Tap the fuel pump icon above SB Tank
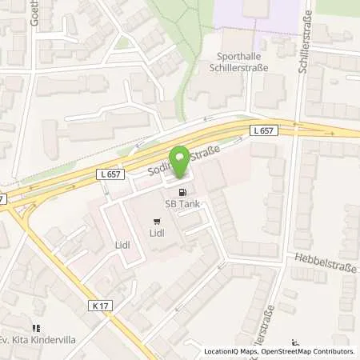click(x=184, y=192)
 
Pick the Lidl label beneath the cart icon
click(x=156, y=234)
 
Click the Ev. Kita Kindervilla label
click(x=36, y=340)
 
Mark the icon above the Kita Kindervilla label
click(x=36, y=328)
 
